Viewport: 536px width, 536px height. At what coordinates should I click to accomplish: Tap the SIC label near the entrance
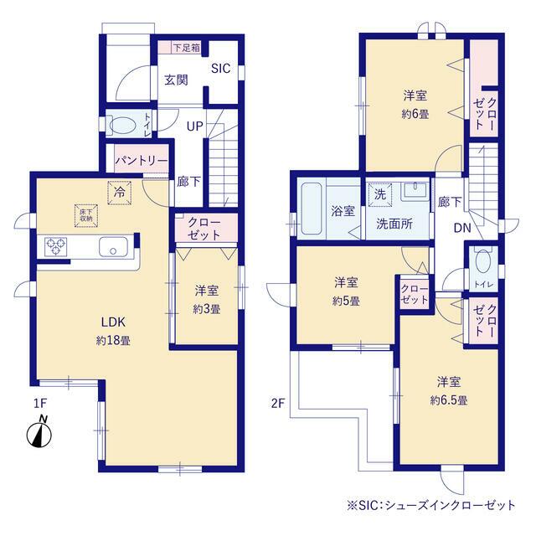click(x=220, y=69)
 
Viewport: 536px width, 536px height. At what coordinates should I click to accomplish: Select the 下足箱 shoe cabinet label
click(x=186, y=48)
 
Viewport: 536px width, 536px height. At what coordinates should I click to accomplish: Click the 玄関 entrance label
click(x=176, y=80)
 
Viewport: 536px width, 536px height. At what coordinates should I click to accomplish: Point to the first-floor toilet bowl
click(x=122, y=125)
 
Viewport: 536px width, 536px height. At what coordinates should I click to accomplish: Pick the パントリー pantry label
click(x=142, y=160)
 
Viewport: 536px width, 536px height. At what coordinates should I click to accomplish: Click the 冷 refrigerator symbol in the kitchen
click(x=119, y=193)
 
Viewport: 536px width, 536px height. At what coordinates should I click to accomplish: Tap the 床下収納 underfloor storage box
click(x=86, y=216)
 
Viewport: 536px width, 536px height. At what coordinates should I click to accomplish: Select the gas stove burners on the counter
click(x=56, y=247)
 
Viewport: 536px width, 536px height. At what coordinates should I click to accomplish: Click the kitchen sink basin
click(x=113, y=247)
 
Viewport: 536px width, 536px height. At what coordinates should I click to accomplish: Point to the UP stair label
click(x=195, y=126)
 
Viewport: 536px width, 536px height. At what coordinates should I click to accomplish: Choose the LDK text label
click(x=113, y=322)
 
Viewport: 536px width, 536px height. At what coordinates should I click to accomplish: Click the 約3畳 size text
click(x=207, y=309)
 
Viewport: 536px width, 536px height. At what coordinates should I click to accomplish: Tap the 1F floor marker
click(x=40, y=404)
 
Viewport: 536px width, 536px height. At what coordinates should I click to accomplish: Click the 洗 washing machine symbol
click(x=380, y=195)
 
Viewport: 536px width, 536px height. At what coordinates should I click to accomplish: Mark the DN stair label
click(x=462, y=228)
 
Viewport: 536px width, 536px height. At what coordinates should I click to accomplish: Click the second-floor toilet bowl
click(x=482, y=261)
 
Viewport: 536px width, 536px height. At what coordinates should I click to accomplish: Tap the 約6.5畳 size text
click(x=449, y=400)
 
